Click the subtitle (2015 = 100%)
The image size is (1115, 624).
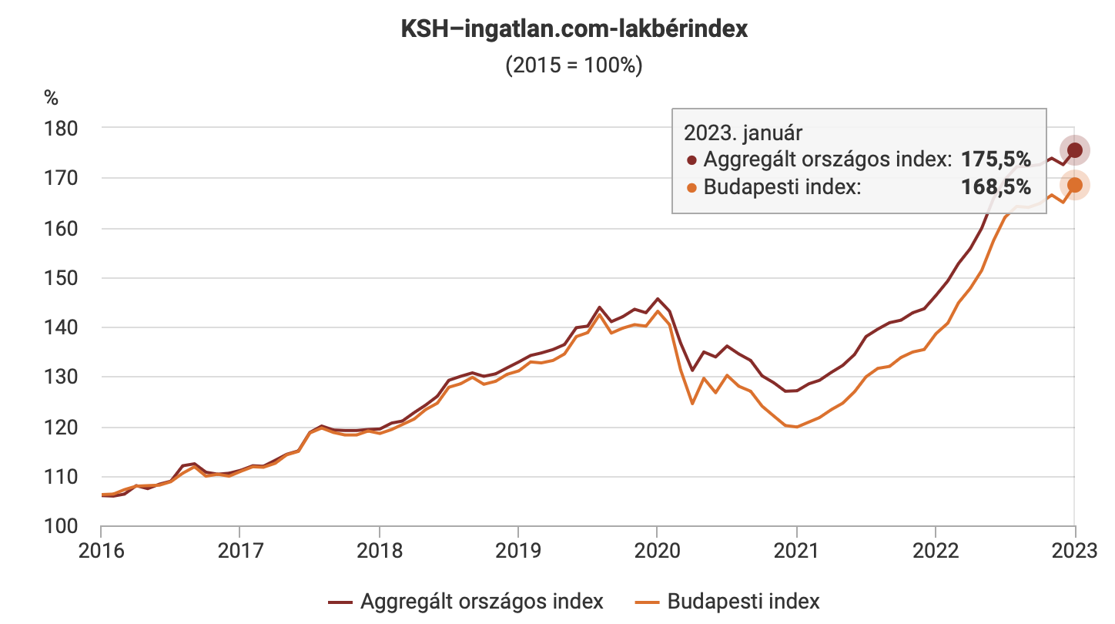coord(574,65)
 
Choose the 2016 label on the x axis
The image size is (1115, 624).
coord(101,553)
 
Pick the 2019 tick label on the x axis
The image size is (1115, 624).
coord(517,553)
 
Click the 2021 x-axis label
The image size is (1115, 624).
coord(795,553)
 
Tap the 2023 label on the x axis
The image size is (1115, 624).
coord(1074,553)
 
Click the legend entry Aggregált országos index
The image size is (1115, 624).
coord(466,601)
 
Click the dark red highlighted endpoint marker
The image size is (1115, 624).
coord(1075,150)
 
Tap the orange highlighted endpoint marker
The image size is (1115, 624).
coord(1075,185)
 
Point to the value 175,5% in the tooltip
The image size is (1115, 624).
coord(996,159)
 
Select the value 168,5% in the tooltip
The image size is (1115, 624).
coord(996,186)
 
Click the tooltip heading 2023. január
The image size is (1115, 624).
coord(743,133)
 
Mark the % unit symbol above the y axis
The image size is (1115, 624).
coord(51,98)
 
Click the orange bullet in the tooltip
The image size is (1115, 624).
coord(691,187)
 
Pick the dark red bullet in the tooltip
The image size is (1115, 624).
coord(691,160)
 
